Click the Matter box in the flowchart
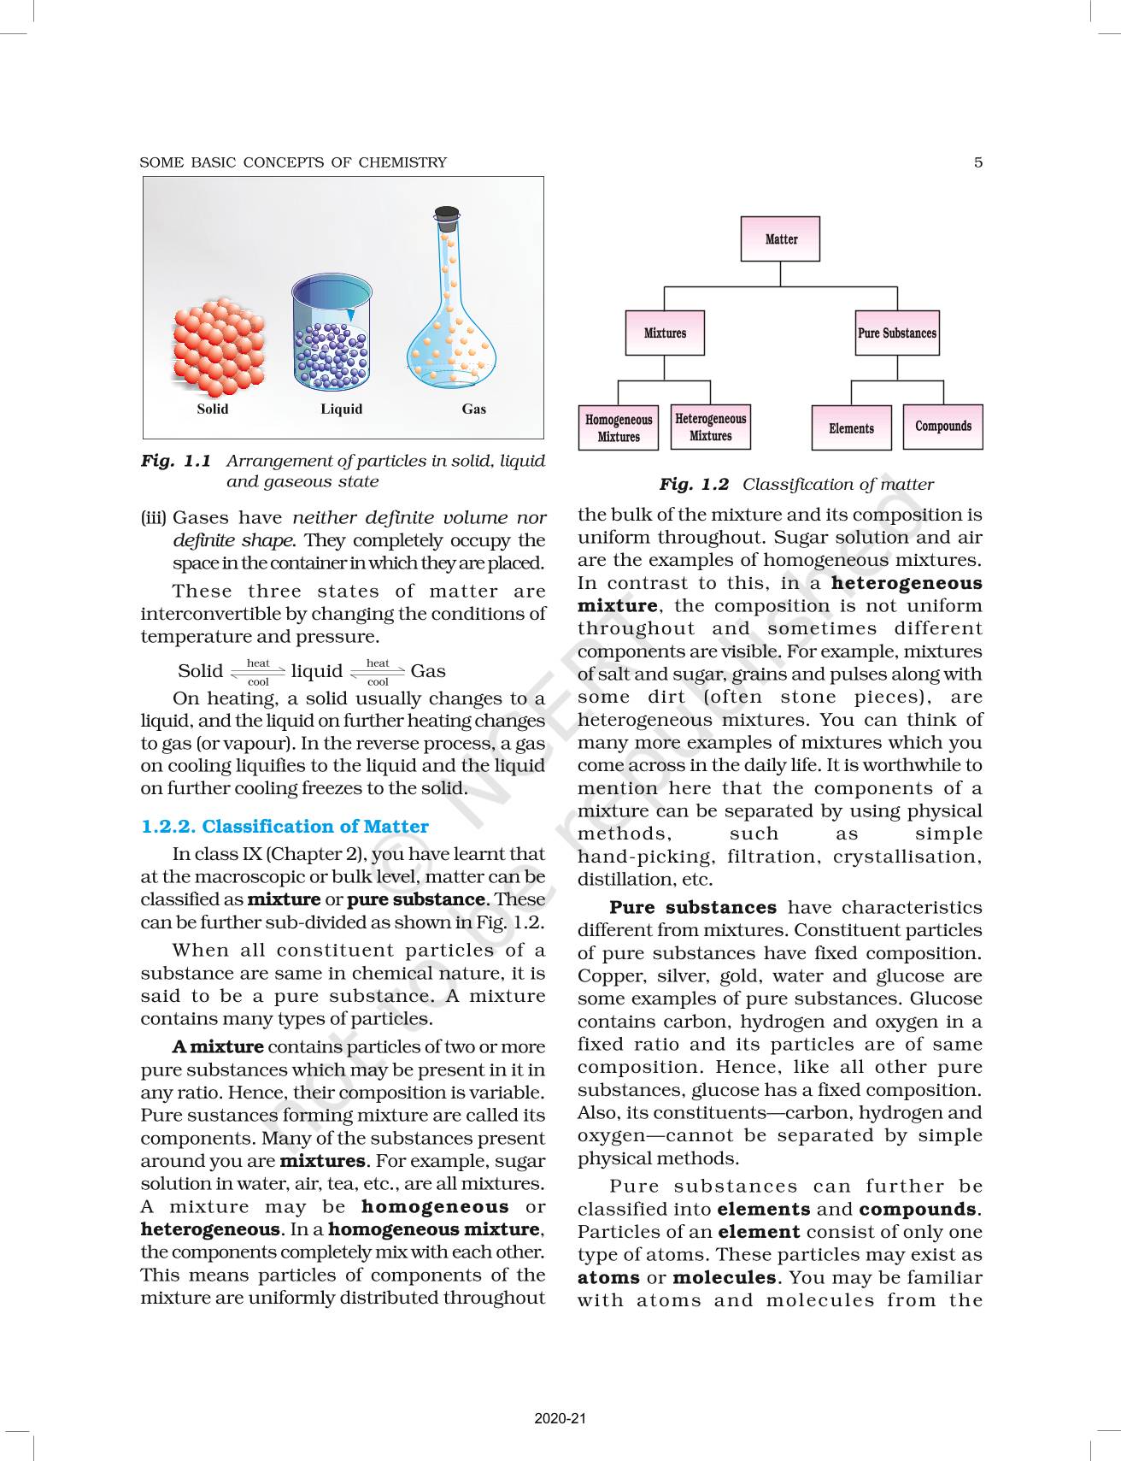(780, 239)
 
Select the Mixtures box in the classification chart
(665, 333)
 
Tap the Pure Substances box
(897, 333)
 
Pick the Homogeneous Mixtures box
(619, 428)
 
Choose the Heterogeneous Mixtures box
(711, 427)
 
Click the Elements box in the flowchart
(851, 427)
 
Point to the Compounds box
(943, 426)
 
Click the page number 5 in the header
(978, 162)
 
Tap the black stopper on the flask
(447, 215)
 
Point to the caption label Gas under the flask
(473, 409)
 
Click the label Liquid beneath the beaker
(341, 409)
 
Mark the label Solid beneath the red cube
(213, 409)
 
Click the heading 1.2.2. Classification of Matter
(285, 826)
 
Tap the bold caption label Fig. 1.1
(176, 461)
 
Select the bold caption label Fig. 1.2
(694, 485)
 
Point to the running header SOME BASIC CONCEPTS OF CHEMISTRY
(293, 162)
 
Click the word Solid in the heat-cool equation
(200, 671)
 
